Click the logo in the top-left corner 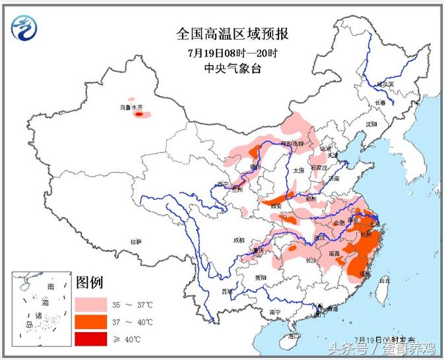(24, 27)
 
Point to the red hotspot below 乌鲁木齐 (139, 114)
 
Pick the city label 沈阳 (371, 124)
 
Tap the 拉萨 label (136, 242)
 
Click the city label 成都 (238, 240)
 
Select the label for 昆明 (227, 290)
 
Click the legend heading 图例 (90, 284)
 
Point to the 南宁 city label (275, 311)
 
